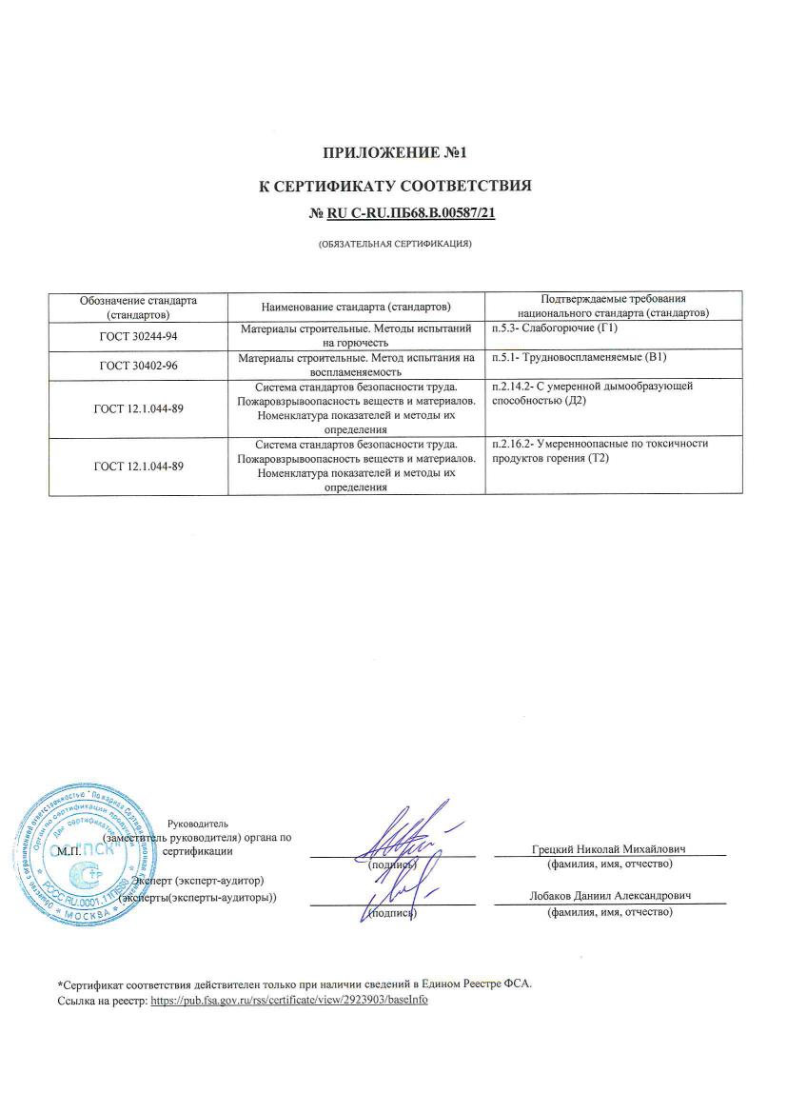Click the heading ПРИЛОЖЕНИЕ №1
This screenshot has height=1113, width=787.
(395, 152)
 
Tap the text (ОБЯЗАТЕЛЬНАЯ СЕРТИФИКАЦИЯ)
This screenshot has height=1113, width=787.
(395, 245)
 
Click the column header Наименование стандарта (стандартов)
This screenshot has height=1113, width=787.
(356, 307)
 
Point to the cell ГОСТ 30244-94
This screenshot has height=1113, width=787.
(139, 335)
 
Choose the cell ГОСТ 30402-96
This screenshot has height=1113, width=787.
(139, 365)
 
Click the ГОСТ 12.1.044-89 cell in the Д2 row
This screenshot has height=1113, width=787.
(139, 408)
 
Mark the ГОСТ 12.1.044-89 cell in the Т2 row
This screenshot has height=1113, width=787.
(139, 466)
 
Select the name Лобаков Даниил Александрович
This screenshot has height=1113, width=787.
(610, 897)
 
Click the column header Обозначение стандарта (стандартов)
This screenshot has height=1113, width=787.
(139, 307)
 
